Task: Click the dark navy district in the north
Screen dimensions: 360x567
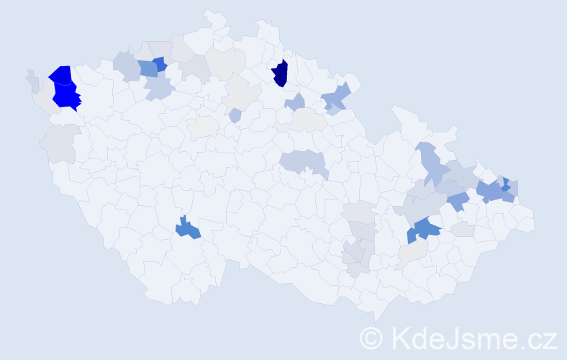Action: pyautogui.click(x=281, y=73)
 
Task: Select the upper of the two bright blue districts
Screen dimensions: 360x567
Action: pyautogui.click(x=61, y=73)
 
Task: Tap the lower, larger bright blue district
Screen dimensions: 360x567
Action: pyautogui.click(x=65, y=96)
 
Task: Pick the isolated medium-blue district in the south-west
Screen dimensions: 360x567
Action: pyautogui.click(x=189, y=229)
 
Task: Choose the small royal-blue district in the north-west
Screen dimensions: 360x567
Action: pyautogui.click(x=159, y=63)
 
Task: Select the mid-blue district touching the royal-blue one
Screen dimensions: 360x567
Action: pyautogui.click(x=147, y=69)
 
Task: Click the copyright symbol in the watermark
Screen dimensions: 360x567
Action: pyautogui.click(x=371, y=337)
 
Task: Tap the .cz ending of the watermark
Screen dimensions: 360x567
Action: pyautogui.click(x=539, y=337)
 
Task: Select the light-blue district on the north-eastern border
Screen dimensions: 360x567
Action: pyautogui.click(x=337, y=97)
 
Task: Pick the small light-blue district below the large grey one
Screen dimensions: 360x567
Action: pyautogui.click(x=235, y=114)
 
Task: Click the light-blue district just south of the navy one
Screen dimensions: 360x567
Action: pyautogui.click(x=295, y=102)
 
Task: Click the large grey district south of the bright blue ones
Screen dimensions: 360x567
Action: pyautogui.click(x=60, y=143)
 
